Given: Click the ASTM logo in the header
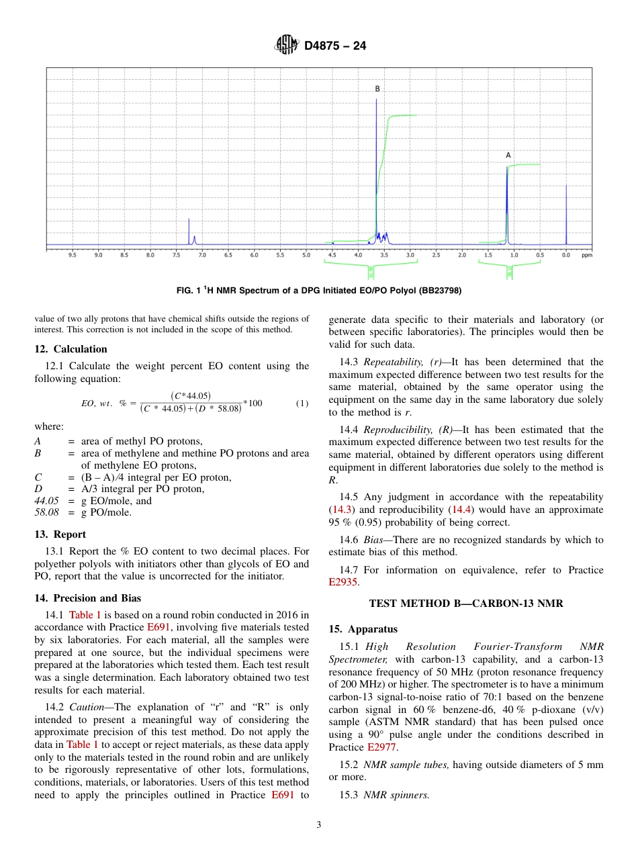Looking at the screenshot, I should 286,46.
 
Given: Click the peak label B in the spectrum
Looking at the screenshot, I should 377,89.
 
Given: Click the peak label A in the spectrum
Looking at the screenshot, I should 508,155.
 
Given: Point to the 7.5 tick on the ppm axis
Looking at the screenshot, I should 176,255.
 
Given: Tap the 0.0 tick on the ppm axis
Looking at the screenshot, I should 566,255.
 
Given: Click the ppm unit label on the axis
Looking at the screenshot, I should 586,255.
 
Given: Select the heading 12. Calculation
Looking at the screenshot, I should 71,348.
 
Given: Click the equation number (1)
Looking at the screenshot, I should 302,404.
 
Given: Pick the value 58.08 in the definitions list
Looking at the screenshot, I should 46,512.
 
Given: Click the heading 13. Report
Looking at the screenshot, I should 60,534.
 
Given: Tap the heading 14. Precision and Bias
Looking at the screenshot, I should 87,598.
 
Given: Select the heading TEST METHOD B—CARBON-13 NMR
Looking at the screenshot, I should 466,604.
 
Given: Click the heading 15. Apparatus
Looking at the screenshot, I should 363,629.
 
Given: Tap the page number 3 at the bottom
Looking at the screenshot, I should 319,825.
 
